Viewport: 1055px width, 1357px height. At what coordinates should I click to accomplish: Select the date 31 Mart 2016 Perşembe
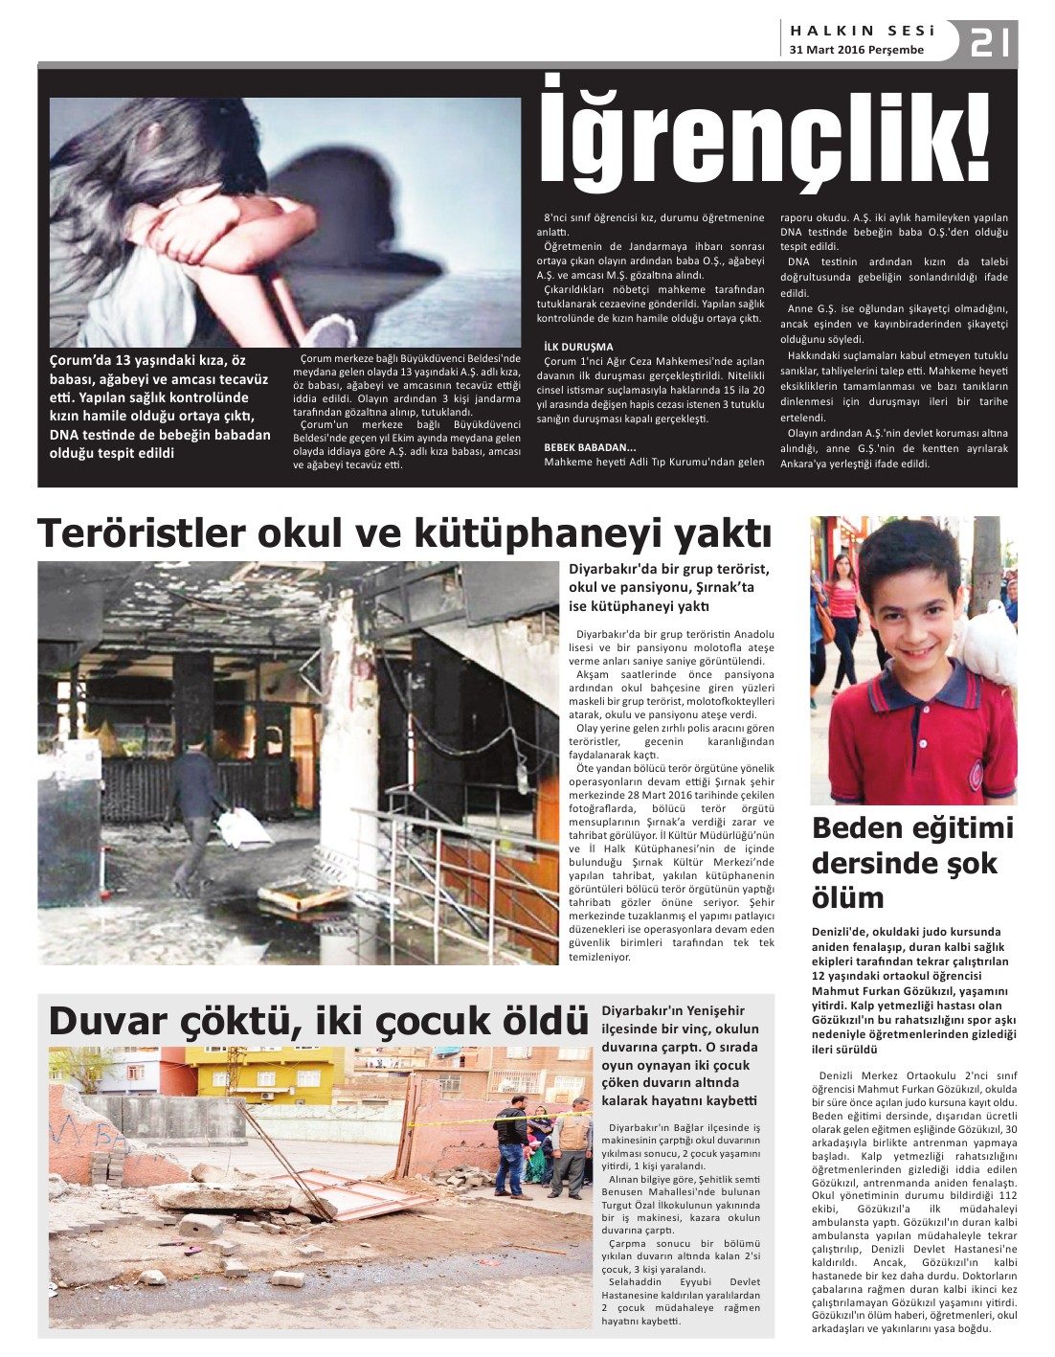click(x=857, y=50)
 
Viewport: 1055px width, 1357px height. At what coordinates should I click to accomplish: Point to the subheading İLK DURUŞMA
click(x=578, y=347)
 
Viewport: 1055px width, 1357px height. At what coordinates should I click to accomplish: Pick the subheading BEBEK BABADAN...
click(x=590, y=447)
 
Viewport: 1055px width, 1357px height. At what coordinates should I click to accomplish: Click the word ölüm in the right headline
click(x=848, y=898)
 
